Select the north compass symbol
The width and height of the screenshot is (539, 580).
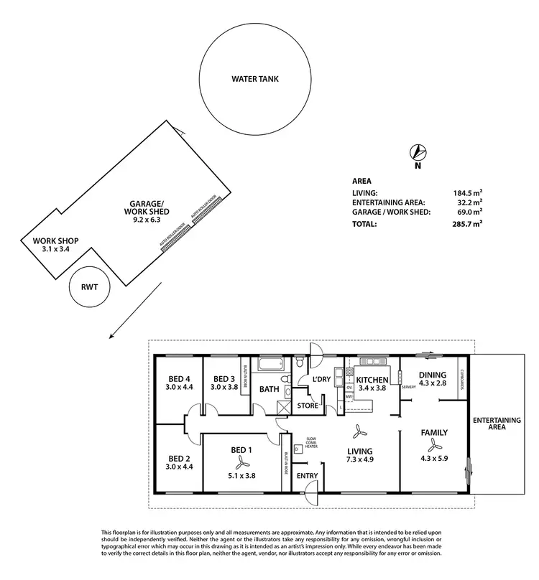pos(418,152)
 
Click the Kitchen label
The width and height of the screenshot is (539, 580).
pos(373,380)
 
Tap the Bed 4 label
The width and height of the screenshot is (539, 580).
pos(180,379)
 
